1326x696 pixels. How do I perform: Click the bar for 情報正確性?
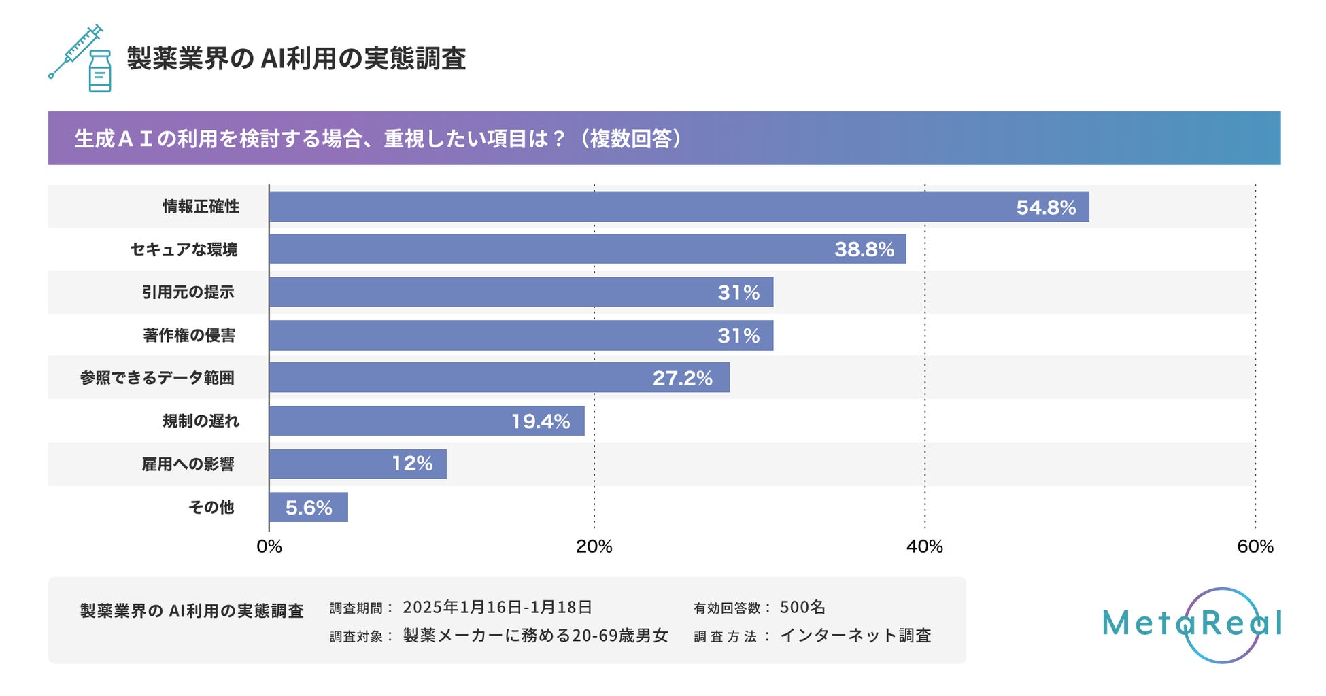pos(679,207)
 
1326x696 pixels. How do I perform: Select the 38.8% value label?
pos(864,249)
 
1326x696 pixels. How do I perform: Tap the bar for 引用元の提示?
pos(521,292)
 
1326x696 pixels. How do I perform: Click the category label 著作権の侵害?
pos(189,335)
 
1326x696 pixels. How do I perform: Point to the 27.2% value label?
pos(682,378)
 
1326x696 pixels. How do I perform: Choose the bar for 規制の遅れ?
pos(426,421)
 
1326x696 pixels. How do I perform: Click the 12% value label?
pos(412,464)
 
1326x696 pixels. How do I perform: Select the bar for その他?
pos(308,507)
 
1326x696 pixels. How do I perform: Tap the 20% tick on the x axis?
pos(594,546)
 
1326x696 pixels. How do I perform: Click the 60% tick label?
pos(1255,546)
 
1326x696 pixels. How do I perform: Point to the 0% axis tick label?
pos(269,546)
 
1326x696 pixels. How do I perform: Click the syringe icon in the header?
pos(75,52)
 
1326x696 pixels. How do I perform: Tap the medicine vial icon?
pos(100,71)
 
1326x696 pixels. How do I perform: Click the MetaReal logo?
pos(1192,624)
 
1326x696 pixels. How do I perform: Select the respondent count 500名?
pos(802,607)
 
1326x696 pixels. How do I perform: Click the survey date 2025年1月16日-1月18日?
pos(497,607)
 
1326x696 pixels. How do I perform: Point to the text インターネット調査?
pos(855,636)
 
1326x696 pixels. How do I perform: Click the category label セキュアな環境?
pos(184,249)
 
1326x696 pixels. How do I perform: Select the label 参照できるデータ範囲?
pos(157,378)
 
